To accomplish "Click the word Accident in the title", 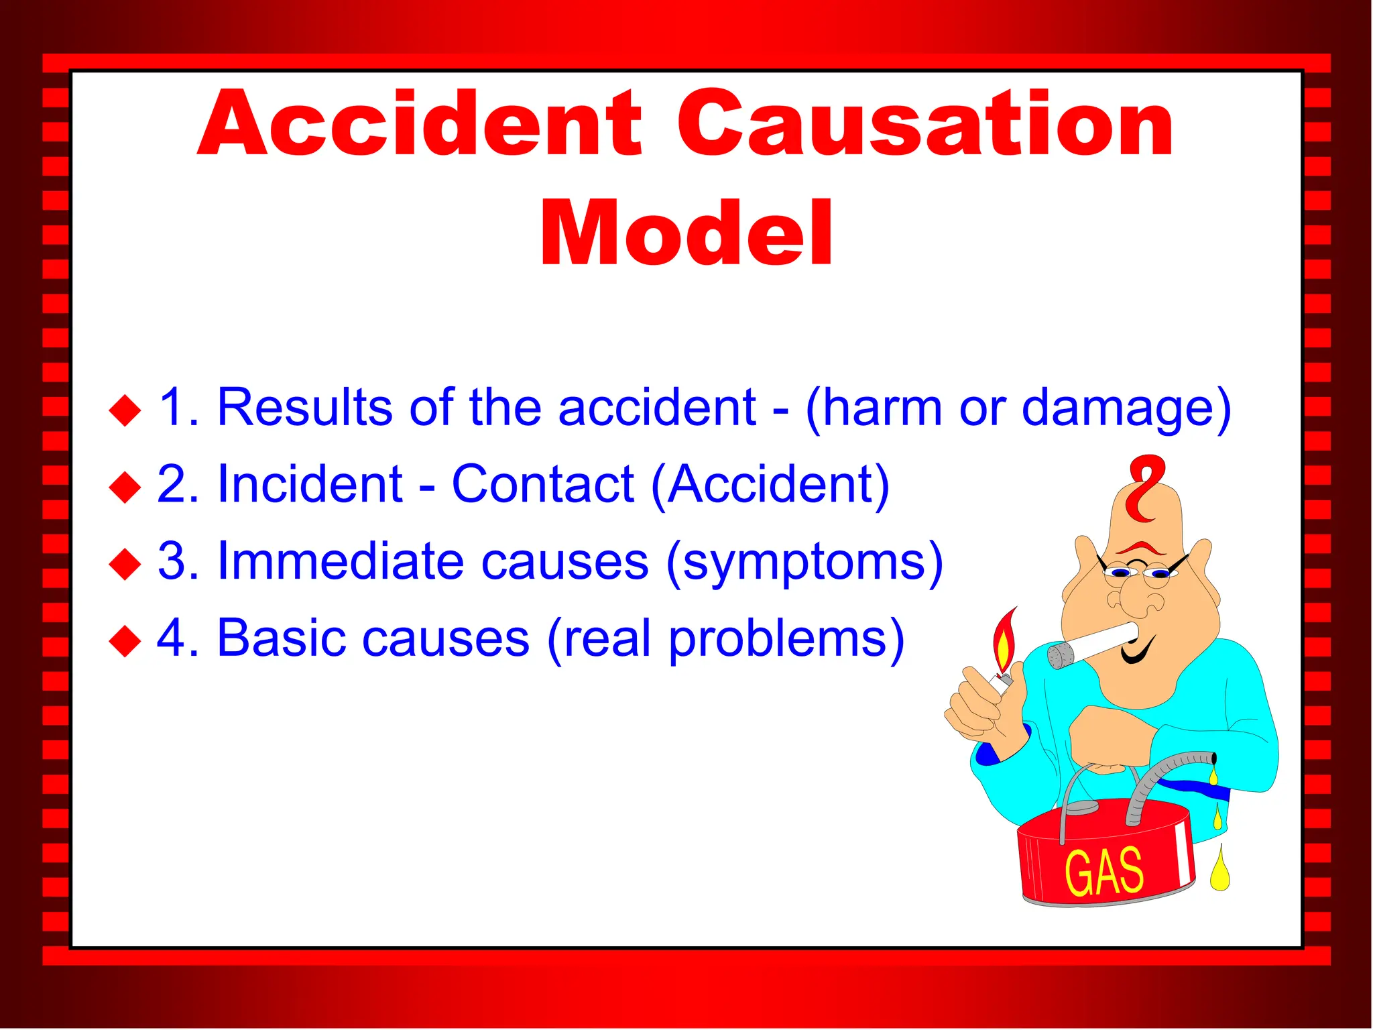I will [x=419, y=124].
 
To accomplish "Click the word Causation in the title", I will [x=925, y=124].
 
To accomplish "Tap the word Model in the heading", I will [x=686, y=235].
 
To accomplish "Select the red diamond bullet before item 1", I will [x=125, y=410].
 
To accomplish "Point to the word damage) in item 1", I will [x=1126, y=409].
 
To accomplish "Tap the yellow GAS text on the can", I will [x=1103, y=872].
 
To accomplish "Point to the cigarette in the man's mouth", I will [x=1093, y=645].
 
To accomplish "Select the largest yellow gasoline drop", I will [x=1219, y=872].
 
